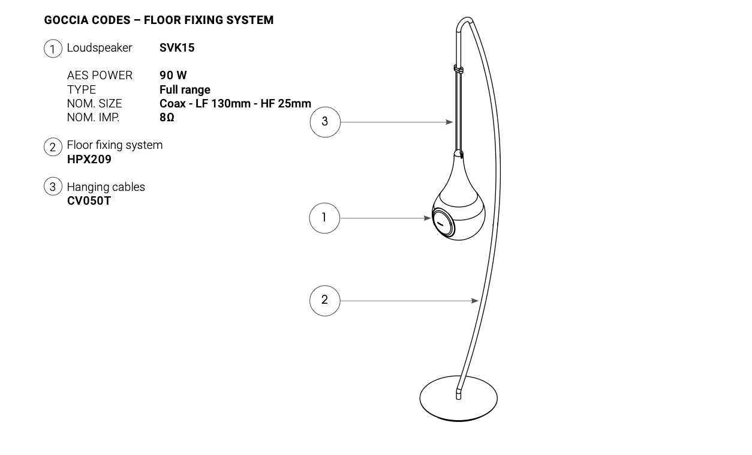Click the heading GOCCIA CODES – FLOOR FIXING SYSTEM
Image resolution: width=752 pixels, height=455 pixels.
click(x=159, y=20)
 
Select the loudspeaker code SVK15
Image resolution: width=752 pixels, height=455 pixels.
click(x=177, y=47)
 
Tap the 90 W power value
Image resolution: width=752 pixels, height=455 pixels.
click(x=173, y=75)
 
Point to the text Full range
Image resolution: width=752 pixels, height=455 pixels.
click(x=185, y=89)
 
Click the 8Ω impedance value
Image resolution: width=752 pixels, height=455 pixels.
click(x=167, y=117)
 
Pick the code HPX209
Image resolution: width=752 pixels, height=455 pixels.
click(x=89, y=160)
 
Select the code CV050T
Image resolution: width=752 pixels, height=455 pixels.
click(x=89, y=200)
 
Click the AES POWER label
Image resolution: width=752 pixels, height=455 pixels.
click(x=100, y=75)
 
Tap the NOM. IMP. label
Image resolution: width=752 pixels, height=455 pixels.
click(x=93, y=117)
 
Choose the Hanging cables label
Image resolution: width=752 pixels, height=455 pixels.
click(x=106, y=187)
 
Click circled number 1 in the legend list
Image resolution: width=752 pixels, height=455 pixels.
click(x=53, y=49)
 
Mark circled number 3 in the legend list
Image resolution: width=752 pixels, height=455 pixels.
click(x=53, y=187)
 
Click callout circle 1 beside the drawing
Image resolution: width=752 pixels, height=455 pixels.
click(x=324, y=218)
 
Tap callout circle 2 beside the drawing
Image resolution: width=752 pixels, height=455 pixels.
click(x=324, y=300)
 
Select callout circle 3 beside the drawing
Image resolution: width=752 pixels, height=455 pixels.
click(x=324, y=122)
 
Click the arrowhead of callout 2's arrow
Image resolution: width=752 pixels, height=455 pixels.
click(x=475, y=301)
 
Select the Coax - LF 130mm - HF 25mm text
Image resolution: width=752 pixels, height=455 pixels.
click(x=235, y=103)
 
